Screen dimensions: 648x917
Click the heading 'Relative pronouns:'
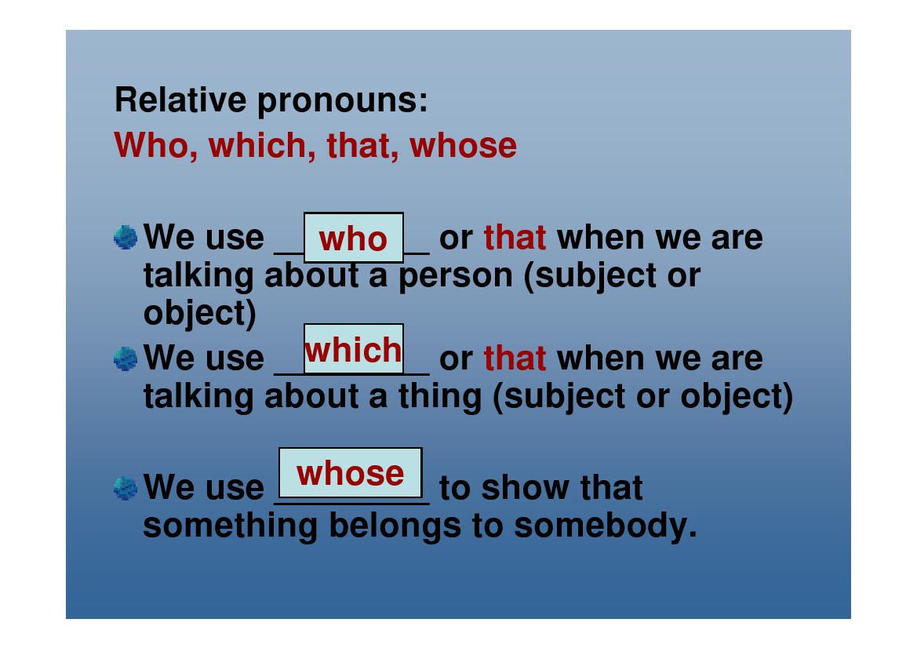271,100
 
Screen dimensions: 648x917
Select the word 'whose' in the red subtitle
463,146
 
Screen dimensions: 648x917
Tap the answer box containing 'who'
353,238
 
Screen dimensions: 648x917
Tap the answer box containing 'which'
353,349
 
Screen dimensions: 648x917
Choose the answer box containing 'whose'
350,473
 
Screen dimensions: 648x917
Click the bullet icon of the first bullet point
126,237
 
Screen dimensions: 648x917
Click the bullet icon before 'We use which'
126,359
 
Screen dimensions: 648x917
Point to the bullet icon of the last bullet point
126,488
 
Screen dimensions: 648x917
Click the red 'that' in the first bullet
515,237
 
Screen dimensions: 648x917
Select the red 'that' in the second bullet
515,359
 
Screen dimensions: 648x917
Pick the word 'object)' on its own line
199,313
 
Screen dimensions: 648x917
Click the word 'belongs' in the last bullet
395,526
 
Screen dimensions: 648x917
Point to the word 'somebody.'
605,526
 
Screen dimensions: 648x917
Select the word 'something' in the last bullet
231,526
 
